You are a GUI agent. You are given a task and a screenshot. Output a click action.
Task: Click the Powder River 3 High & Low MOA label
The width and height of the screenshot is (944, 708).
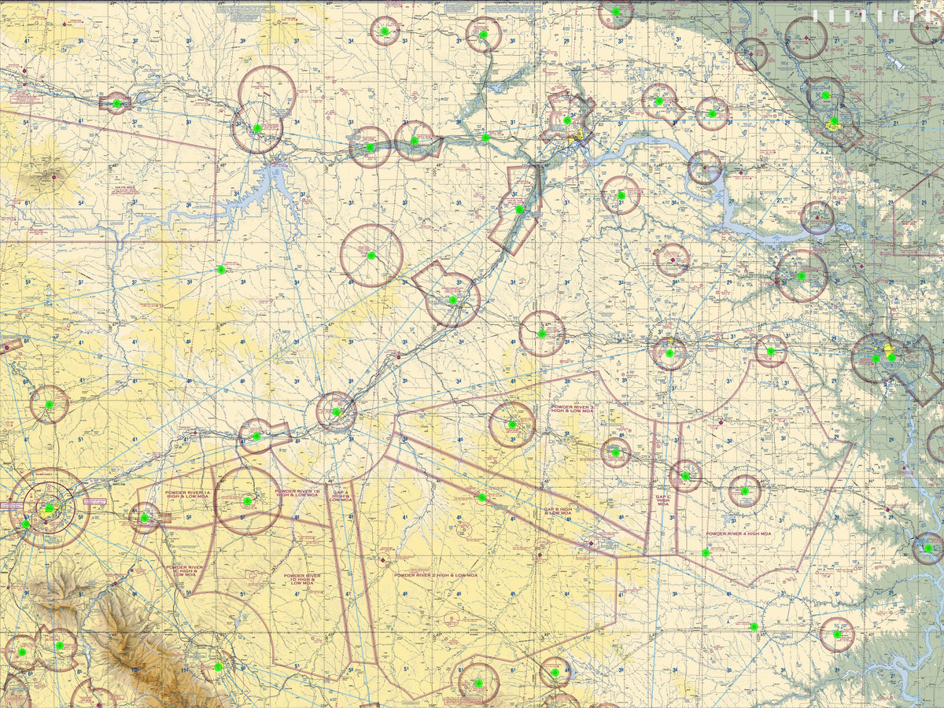(x=573, y=409)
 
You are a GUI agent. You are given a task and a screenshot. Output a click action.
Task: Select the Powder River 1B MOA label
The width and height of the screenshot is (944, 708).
(x=297, y=493)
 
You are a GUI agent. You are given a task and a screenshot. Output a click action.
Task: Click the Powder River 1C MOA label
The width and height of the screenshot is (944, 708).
(x=185, y=570)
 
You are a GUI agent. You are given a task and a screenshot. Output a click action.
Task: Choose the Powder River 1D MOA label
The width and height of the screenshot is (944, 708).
(x=302, y=579)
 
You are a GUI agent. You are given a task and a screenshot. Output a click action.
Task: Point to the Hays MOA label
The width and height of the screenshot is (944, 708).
(x=125, y=188)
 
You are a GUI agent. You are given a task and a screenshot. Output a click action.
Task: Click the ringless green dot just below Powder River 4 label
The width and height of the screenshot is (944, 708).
(x=706, y=553)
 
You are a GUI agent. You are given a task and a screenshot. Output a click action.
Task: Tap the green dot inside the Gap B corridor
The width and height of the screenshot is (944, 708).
(x=481, y=497)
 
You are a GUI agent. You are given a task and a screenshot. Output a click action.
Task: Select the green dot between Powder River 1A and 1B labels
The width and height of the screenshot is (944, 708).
(x=248, y=500)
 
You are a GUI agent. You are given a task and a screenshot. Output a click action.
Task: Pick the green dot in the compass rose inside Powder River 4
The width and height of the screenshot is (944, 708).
(x=744, y=490)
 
